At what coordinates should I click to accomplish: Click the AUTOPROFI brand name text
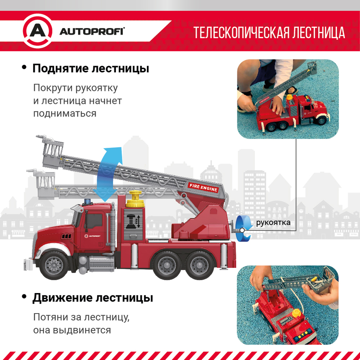(x=92, y=31)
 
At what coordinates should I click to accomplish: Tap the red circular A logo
(x=37, y=31)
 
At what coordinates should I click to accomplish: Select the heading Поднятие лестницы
(x=91, y=68)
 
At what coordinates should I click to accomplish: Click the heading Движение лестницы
(x=93, y=298)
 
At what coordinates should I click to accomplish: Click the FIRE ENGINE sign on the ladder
(x=203, y=188)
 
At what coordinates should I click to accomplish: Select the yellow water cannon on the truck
(x=136, y=199)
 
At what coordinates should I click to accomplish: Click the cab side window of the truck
(x=94, y=221)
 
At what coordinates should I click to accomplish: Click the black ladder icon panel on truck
(x=133, y=221)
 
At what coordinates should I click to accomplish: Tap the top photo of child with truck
(x=288, y=99)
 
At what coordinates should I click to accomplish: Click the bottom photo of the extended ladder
(x=288, y=305)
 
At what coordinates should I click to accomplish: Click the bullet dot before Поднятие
(x=24, y=67)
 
